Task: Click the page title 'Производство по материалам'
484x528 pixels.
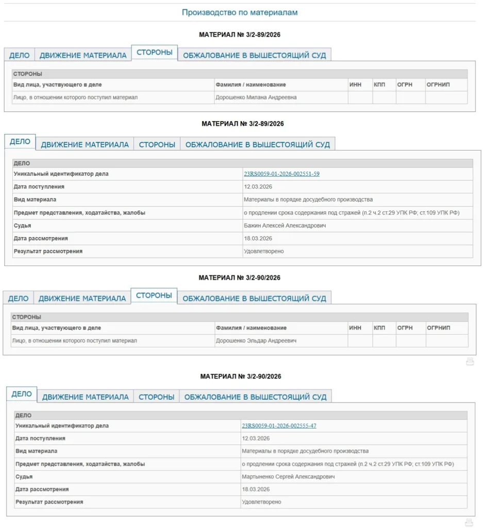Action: click(x=240, y=12)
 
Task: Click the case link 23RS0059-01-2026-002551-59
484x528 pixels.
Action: click(x=281, y=174)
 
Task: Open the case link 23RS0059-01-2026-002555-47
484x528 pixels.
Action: click(x=279, y=426)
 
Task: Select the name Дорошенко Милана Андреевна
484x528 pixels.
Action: click(x=256, y=97)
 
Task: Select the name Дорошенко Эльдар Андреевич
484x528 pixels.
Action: click(x=256, y=341)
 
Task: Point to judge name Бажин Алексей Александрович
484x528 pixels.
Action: click(x=285, y=226)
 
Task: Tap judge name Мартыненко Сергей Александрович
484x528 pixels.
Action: click(x=288, y=477)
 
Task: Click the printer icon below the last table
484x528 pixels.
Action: click(x=469, y=522)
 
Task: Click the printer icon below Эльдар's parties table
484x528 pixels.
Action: click(x=470, y=362)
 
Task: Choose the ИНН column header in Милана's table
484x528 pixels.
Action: click(x=355, y=85)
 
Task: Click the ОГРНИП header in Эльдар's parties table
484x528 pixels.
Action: click(x=438, y=328)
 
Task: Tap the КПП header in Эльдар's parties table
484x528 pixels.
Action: click(x=379, y=328)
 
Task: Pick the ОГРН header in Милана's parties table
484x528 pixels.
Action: click(x=405, y=85)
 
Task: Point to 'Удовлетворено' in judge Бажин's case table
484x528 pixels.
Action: click(x=263, y=252)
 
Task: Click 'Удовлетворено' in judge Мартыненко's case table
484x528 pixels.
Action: click(x=262, y=502)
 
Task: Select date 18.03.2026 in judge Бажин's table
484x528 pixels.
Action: click(x=258, y=239)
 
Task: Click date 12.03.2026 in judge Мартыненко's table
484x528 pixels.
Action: click(x=256, y=439)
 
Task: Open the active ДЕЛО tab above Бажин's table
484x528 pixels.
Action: click(x=20, y=142)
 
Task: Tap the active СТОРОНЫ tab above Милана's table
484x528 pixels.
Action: click(x=154, y=52)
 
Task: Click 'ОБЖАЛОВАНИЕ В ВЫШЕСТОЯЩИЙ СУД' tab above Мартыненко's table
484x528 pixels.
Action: click(x=255, y=397)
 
